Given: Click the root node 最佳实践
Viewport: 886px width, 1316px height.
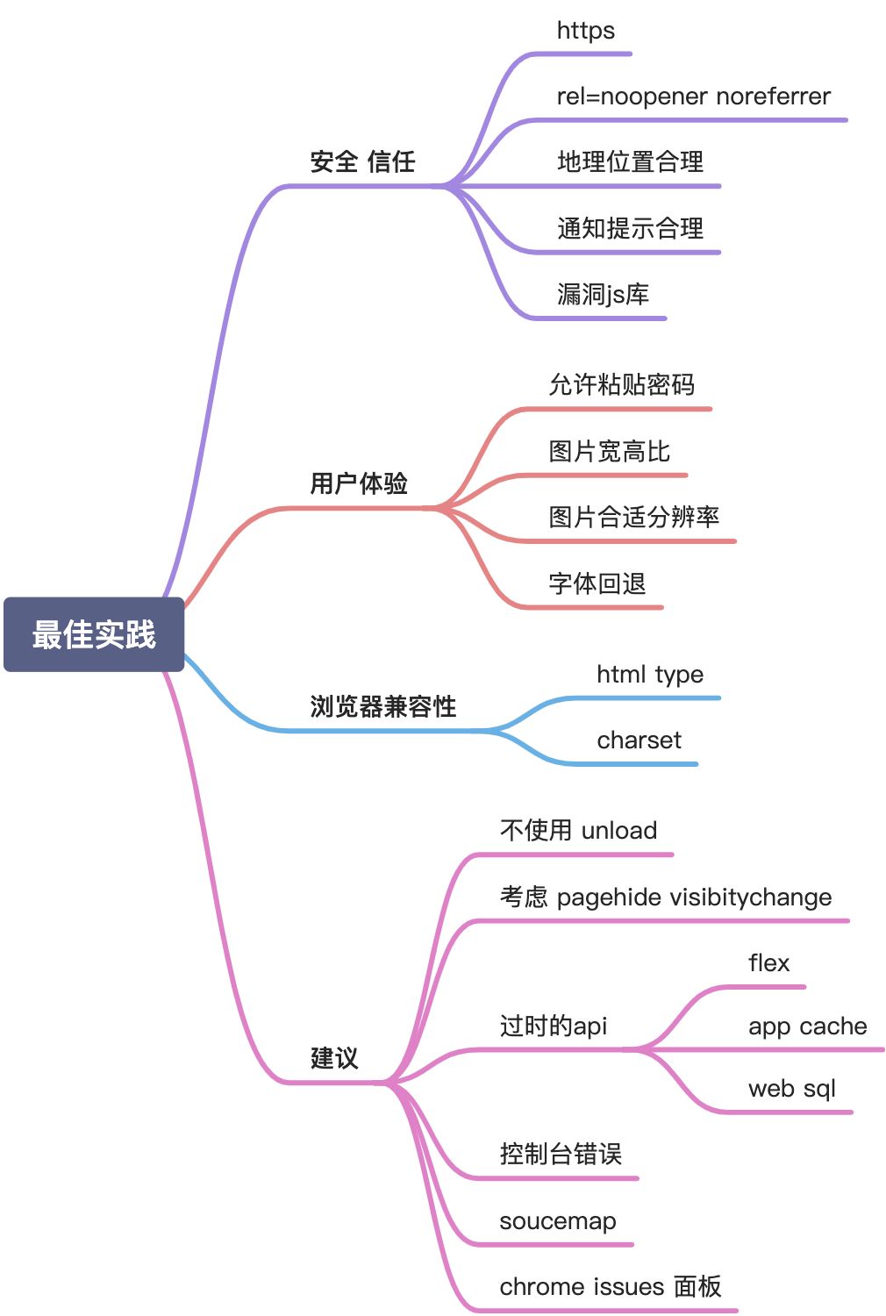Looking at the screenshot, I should pos(94,634).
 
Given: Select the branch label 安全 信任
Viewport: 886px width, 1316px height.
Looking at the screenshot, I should pos(362,161).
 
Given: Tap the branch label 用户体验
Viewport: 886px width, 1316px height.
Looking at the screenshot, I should pos(359,483).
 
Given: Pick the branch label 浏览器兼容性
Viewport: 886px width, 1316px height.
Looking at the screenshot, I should pos(383,706).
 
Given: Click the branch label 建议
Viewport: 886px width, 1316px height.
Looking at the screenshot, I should pos(334,1058).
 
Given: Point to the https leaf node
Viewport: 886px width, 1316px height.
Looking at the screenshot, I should pos(585,31).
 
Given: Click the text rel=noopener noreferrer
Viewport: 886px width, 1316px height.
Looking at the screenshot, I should pos(693,97).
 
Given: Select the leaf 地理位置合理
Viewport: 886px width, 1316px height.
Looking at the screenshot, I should pos(630,161).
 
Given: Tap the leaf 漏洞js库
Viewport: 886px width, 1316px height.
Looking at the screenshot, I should pos(603,294).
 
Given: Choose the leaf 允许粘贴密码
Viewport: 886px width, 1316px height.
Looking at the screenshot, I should pos(621,384).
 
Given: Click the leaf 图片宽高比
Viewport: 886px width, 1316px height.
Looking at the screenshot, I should pos(609,451).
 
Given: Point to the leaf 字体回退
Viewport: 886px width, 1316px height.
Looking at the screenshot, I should pos(597,583).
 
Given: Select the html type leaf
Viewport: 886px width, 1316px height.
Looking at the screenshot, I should pos(650,675).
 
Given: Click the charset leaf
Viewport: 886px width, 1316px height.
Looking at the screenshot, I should pos(639,740).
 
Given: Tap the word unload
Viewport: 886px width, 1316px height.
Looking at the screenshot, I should pos(619,831).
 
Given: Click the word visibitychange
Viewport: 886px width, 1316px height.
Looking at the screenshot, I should pos(750,898).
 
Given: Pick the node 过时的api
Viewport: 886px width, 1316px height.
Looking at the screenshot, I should pos(553,1026).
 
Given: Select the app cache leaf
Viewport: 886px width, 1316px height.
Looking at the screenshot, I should pos(807,1026).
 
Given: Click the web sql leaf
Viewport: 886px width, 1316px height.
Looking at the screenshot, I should pos(791,1089).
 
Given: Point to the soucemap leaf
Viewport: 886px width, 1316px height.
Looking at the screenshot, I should pos(557,1221).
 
